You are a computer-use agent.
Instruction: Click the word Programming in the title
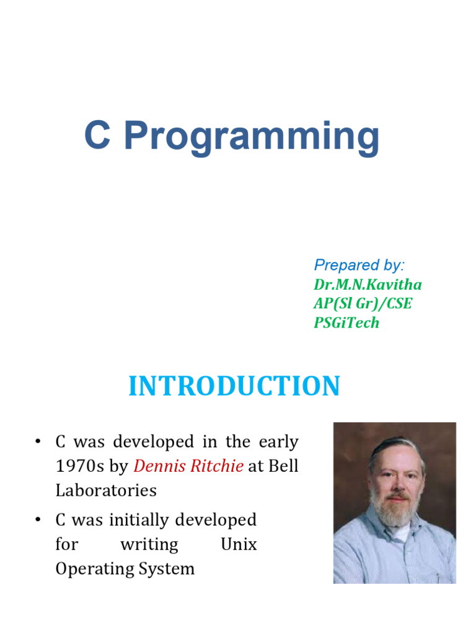coord(251,137)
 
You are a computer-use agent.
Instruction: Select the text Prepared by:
coord(359,265)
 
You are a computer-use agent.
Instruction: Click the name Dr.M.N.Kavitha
coord(368,284)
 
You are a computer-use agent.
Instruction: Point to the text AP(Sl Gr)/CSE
coord(363,303)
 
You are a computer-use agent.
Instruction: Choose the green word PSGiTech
coord(346,323)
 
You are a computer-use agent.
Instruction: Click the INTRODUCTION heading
coord(234,386)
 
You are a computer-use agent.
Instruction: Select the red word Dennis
coord(159,466)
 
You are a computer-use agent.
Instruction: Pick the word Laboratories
coord(106,490)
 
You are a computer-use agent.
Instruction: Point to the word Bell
coord(284,466)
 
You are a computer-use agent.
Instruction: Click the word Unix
coord(239,544)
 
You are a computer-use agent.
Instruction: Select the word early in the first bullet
coord(276,442)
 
